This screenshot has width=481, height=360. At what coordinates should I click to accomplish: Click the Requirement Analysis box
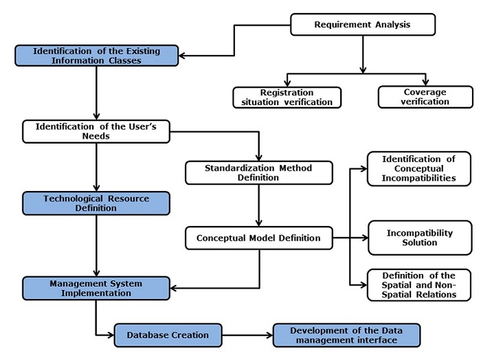[363, 25]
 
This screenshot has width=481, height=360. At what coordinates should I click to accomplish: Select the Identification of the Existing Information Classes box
[97, 56]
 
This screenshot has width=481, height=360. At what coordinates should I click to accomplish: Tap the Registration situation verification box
[287, 98]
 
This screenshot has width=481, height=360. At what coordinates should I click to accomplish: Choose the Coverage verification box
[425, 97]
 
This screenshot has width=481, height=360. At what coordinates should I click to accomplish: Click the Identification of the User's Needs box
[96, 131]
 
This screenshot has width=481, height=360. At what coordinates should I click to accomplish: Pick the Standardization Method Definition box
[259, 172]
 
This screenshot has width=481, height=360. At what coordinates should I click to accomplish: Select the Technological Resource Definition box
[96, 203]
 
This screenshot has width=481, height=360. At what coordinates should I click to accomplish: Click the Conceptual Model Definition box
[258, 238]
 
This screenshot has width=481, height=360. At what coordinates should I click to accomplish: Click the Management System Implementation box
[96, 288]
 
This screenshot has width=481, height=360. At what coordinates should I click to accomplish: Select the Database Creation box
[168, 335]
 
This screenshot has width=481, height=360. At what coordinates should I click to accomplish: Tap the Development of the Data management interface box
[346, 335]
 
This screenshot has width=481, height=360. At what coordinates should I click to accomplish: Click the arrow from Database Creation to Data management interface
[247, 335]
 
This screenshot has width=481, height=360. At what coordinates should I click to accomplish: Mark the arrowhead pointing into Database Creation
[109, 335]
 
